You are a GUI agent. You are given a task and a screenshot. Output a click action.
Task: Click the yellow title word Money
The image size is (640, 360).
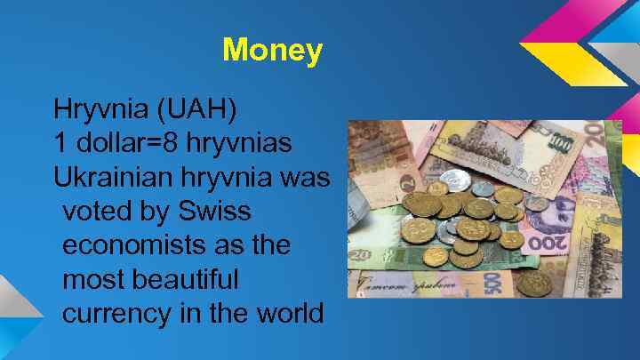click(x=272, y=50)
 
